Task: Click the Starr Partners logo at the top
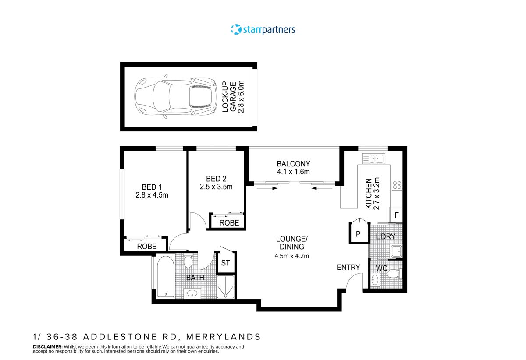pyautogui.click(x=263, y=29)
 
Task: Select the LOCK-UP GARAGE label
pyautogui.click(x=232, y=97)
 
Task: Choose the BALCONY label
pyautogui.click(x=293, y=164)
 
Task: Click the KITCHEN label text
pyautogui.click(x=369, y=194)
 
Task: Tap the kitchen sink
pyautogui.click(x=373, y=159)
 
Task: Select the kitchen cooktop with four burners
pyautogui.click(x=397, y=185)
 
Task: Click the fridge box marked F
pyautogui.click(x=396, y=215)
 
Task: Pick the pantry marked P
pyautogui.click(x=358, y=234)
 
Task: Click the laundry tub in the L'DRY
pyautogui.click(x=396, y=251)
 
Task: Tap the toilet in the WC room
pyautogui.click(x=393, y=274)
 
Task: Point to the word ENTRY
pyautogui.click(x=348, y=267)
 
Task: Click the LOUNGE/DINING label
pyautogui.click(x=292, y=243)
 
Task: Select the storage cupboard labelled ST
pyautogui.click(x=226, y=263)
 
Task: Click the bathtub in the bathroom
pyautogui.click(x=165, y=277)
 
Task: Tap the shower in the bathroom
pyautogui.click(x=226, y=287)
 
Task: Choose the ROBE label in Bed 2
pyautogui.click(x=229, y=223)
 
